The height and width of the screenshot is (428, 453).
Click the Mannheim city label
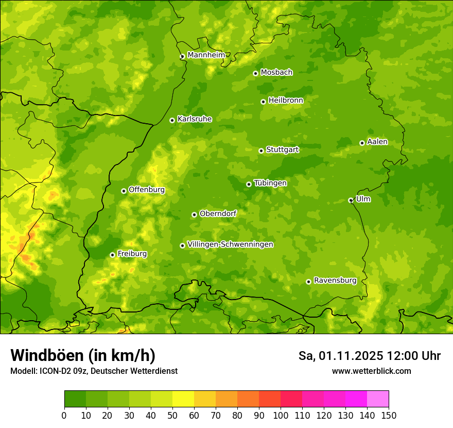point(206,55)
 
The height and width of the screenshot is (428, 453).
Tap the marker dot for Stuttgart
point(261,151)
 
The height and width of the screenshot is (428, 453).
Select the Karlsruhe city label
point(194,119)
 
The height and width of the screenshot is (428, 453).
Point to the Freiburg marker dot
point(112,255)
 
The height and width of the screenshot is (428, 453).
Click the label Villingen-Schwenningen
point(230,244)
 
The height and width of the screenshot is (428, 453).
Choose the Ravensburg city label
point(335,281)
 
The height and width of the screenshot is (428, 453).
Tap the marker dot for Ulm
point(351,200)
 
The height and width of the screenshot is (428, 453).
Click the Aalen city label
point(377,142)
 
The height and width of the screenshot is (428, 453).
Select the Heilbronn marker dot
point(263,102)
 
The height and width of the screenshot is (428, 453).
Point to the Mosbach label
point(276,73)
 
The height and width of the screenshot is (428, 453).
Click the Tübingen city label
point(270,183)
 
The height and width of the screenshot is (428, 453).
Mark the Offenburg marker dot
point(124,191)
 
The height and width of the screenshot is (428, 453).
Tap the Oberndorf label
point(218,213)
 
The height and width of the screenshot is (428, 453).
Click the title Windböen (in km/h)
point(83,355)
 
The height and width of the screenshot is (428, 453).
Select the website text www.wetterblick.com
point(371,371)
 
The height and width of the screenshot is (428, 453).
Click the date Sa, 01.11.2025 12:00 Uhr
point(369,356)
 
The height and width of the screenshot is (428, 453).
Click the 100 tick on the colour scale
point(281,415)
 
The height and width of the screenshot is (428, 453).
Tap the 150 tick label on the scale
point(389,415)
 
